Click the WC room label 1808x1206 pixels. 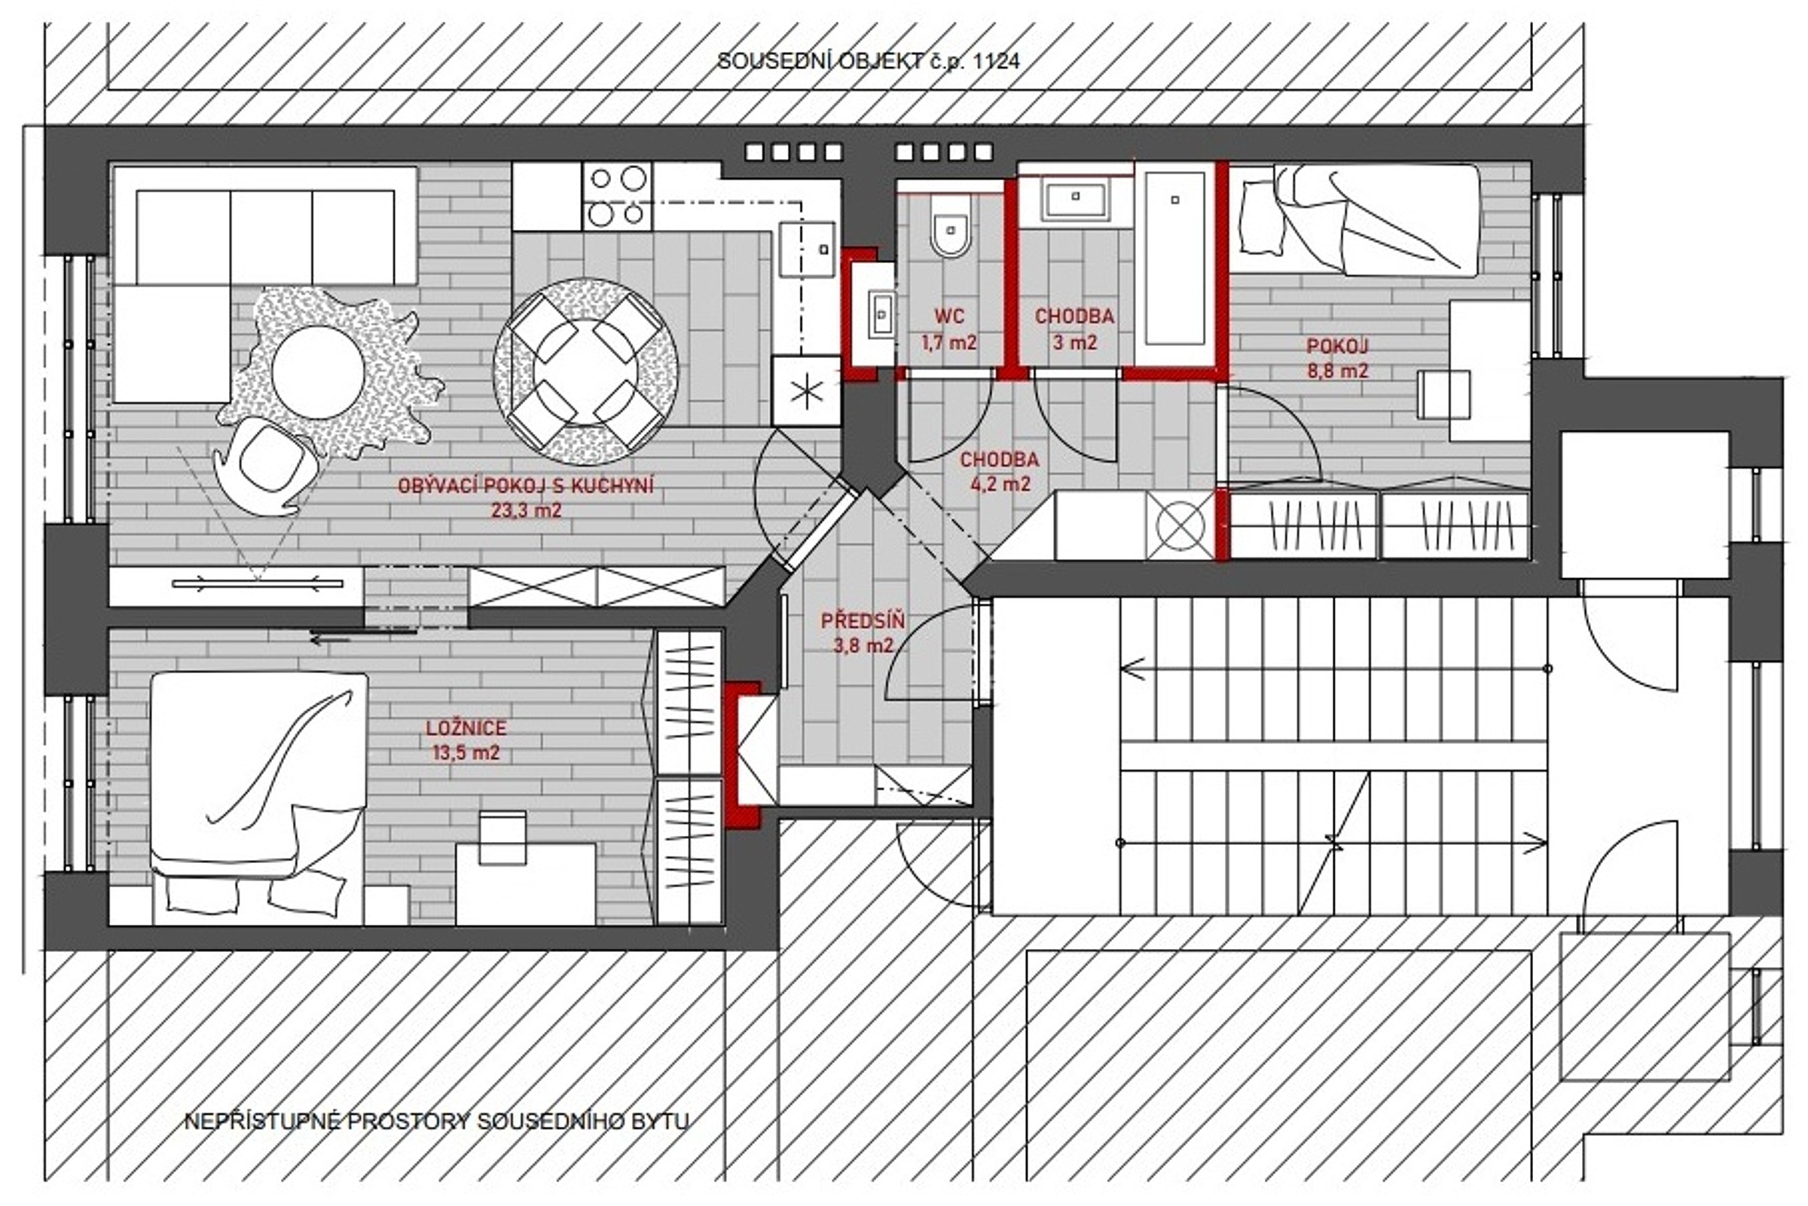point(949,316)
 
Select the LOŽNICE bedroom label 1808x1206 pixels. point(466,727)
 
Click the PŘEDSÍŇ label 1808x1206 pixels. point(863,620)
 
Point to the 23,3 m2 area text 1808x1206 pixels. point(526,510)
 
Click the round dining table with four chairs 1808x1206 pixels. point(586,371)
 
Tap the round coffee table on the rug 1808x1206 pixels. point(317,372)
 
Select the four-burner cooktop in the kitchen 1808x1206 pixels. point(617,196)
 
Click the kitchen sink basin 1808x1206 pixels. point(807,249)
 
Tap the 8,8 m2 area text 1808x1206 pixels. point(1338,371)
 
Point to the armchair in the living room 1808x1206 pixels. point(266,465)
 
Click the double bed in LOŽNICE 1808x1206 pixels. point(258,796)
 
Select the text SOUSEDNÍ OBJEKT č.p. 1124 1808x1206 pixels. point(868,62)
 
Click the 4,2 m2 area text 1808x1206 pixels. point(999,484)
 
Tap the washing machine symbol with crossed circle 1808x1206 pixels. point(1180,525)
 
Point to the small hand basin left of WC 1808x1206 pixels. point(881,314)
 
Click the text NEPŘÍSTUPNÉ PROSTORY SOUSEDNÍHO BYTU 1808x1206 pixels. point(436,1122)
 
